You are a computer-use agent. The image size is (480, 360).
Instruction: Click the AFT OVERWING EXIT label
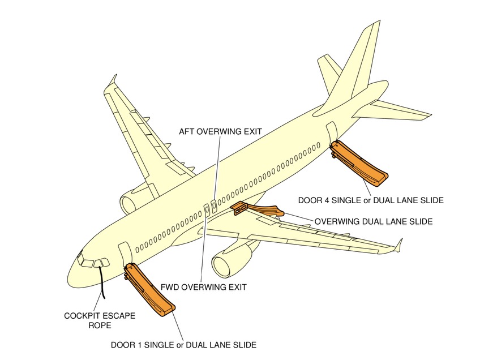(x=220, y=131)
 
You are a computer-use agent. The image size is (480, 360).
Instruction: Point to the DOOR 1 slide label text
(x=183, y=344)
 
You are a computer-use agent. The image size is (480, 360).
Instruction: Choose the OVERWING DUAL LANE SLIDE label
(x=374, y=222)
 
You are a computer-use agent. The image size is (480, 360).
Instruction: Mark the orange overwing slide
(x=258, y=208)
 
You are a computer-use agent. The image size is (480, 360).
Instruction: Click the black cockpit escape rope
(x=102, y=280)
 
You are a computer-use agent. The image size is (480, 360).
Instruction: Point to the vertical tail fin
(x=357, y=62)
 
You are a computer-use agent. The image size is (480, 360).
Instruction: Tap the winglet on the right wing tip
(x=398, y=245)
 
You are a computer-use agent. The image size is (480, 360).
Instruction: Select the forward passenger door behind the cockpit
(x=124, y=254)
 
